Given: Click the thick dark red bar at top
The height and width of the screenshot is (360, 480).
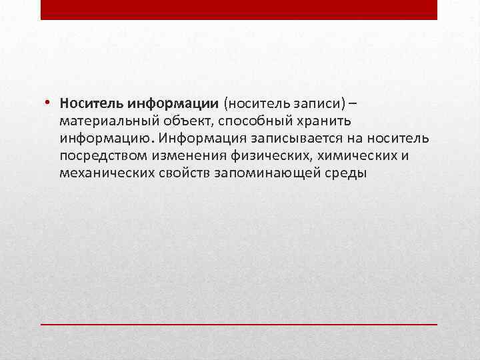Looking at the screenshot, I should (x=239, y=9).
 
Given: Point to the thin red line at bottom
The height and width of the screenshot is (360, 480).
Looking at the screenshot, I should (x=239, y=323).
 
